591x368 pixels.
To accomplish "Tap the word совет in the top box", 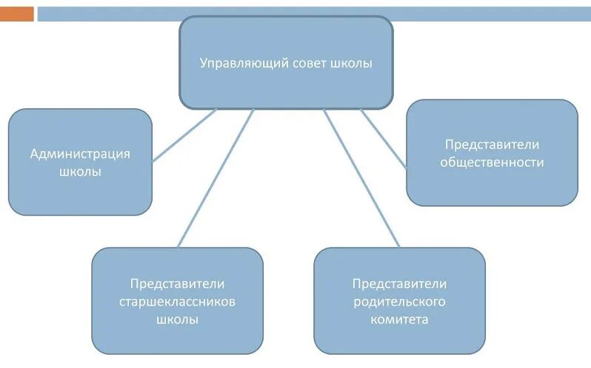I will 302,63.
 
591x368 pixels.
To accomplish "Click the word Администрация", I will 80,154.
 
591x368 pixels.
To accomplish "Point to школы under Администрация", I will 80,171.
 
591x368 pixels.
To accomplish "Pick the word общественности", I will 492,162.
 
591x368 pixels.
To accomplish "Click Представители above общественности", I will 492,144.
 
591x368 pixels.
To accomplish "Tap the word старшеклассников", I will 178,302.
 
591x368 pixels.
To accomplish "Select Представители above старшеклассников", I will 178,284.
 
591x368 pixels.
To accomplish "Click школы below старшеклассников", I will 178,320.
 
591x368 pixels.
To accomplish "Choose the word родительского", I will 399,302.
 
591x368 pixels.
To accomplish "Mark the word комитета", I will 399,320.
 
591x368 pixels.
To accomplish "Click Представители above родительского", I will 399,284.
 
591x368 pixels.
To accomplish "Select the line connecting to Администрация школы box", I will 184,136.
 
